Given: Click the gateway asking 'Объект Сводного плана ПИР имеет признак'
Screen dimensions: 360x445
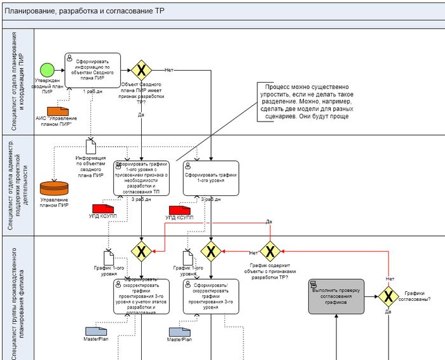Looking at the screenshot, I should (141, 69).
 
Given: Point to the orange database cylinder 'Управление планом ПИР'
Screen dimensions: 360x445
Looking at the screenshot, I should (53, 189).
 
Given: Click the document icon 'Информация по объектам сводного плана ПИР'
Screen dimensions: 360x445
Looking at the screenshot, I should (90, 146).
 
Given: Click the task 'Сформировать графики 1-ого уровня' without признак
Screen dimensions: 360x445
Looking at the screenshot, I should (211, 178).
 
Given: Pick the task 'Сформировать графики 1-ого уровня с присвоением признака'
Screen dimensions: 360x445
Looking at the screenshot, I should (140, 178).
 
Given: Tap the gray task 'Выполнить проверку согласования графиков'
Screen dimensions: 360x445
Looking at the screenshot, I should (336, 296).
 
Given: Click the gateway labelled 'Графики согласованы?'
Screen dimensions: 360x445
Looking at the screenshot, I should (388, 295).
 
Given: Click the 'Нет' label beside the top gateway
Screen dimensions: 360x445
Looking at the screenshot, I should (168, 69).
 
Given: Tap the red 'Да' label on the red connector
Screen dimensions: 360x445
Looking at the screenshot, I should (269, 221).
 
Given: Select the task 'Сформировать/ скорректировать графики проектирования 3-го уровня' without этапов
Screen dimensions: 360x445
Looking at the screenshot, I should (211, 296).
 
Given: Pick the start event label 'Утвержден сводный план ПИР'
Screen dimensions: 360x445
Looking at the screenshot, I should (47, 86).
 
